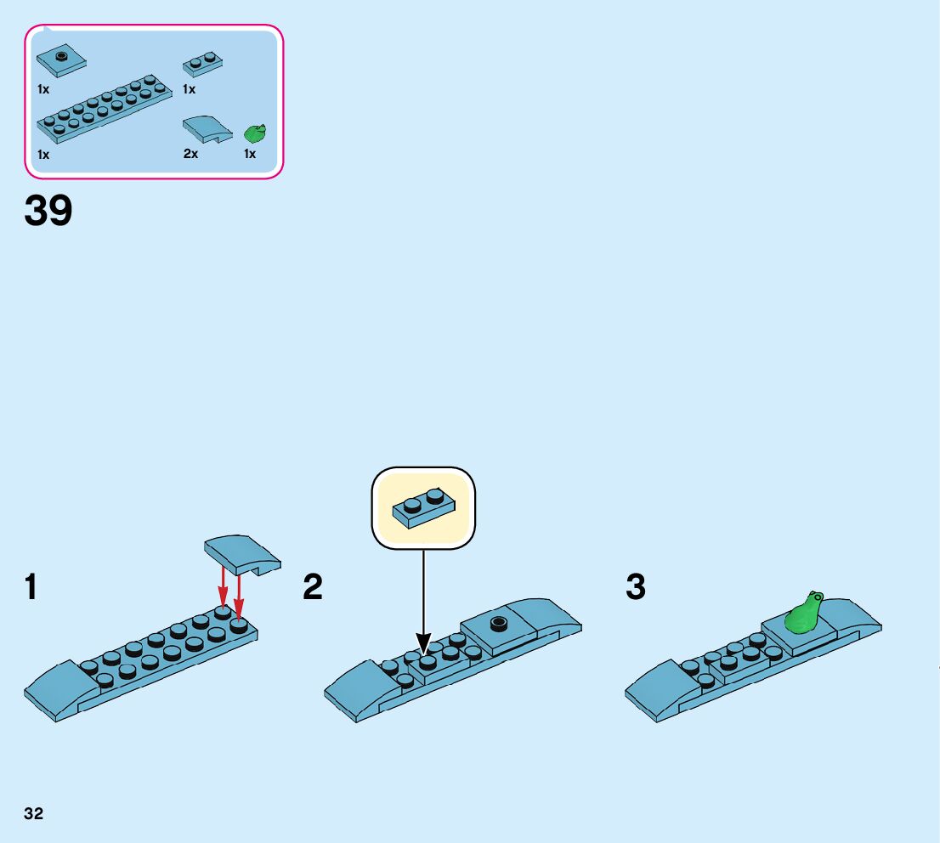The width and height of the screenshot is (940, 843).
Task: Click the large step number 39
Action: pyautogui.click(x=48, y=211)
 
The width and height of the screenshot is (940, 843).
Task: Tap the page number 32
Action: pyautogui.click(x=34, y=813)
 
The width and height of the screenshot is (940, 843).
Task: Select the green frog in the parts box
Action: pyautogui.click(x=255, y=133)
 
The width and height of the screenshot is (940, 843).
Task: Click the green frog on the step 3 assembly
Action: pyautogui.click(x=803, y=614)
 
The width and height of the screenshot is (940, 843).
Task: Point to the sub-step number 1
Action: pyautogui.click(x=31, y=587)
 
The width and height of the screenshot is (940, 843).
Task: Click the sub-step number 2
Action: pyautogui.click(x=313, y=587)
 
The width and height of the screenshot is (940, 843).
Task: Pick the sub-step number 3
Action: pyautogui.click(x=636, y=587)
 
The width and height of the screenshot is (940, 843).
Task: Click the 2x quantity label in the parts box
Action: pyautogui.click(x=190, y=154)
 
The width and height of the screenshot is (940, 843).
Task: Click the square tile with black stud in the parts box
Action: pyautogui.click(x=61, y=61)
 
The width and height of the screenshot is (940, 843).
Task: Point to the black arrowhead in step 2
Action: pyautogui.click(x=423, y=644)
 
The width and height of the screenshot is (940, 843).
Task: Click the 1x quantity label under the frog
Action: pyautogui.click(x=250, y=154)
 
